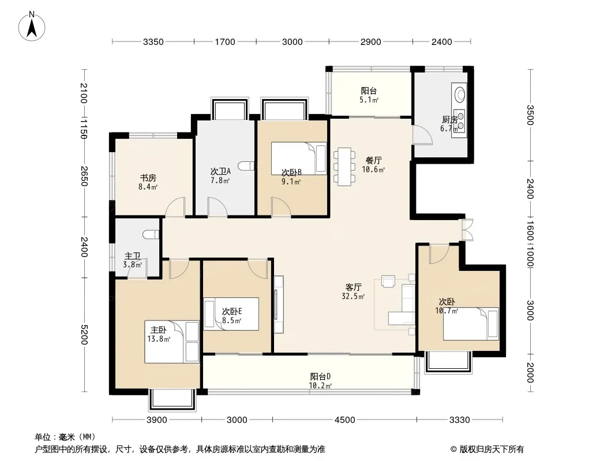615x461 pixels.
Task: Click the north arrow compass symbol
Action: coord(32,27)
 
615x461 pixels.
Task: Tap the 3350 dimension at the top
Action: coord(153,42)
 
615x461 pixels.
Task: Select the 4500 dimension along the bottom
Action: coord(344,420)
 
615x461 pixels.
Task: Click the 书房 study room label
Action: coord(148,178)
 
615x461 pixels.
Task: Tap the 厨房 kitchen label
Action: coord(449,119)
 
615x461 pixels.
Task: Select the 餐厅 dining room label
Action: coord(373,161)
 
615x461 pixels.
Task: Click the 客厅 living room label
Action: coord(354,288)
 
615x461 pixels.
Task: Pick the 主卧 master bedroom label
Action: coord(159,330)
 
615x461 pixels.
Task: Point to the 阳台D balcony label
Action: coord(320,377)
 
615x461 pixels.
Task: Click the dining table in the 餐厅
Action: coord(344,167)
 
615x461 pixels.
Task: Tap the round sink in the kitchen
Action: coord(460,95)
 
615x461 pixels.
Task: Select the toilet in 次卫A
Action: coord(249,166)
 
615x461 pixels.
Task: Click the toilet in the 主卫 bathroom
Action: coord(152,234)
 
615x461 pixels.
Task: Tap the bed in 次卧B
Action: coord(299,158)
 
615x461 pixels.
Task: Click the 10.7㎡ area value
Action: coord(447,311)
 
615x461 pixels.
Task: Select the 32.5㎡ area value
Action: coord(354,297)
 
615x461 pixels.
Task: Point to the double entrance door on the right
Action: coord(467,229)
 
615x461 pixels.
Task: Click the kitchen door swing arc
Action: coord(422,135)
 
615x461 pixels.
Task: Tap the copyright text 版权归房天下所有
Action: coord(492,449)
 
